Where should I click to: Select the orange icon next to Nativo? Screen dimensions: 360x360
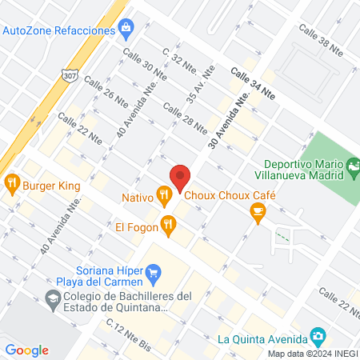[164, 194]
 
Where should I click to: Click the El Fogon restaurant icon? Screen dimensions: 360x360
[167, 226]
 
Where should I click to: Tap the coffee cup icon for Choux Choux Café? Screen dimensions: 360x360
[257, 210]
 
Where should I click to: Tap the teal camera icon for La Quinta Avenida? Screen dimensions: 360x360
[318, 335]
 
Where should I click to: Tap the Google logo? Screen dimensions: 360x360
[27, 350]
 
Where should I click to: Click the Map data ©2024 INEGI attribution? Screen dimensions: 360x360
[310, 354]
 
